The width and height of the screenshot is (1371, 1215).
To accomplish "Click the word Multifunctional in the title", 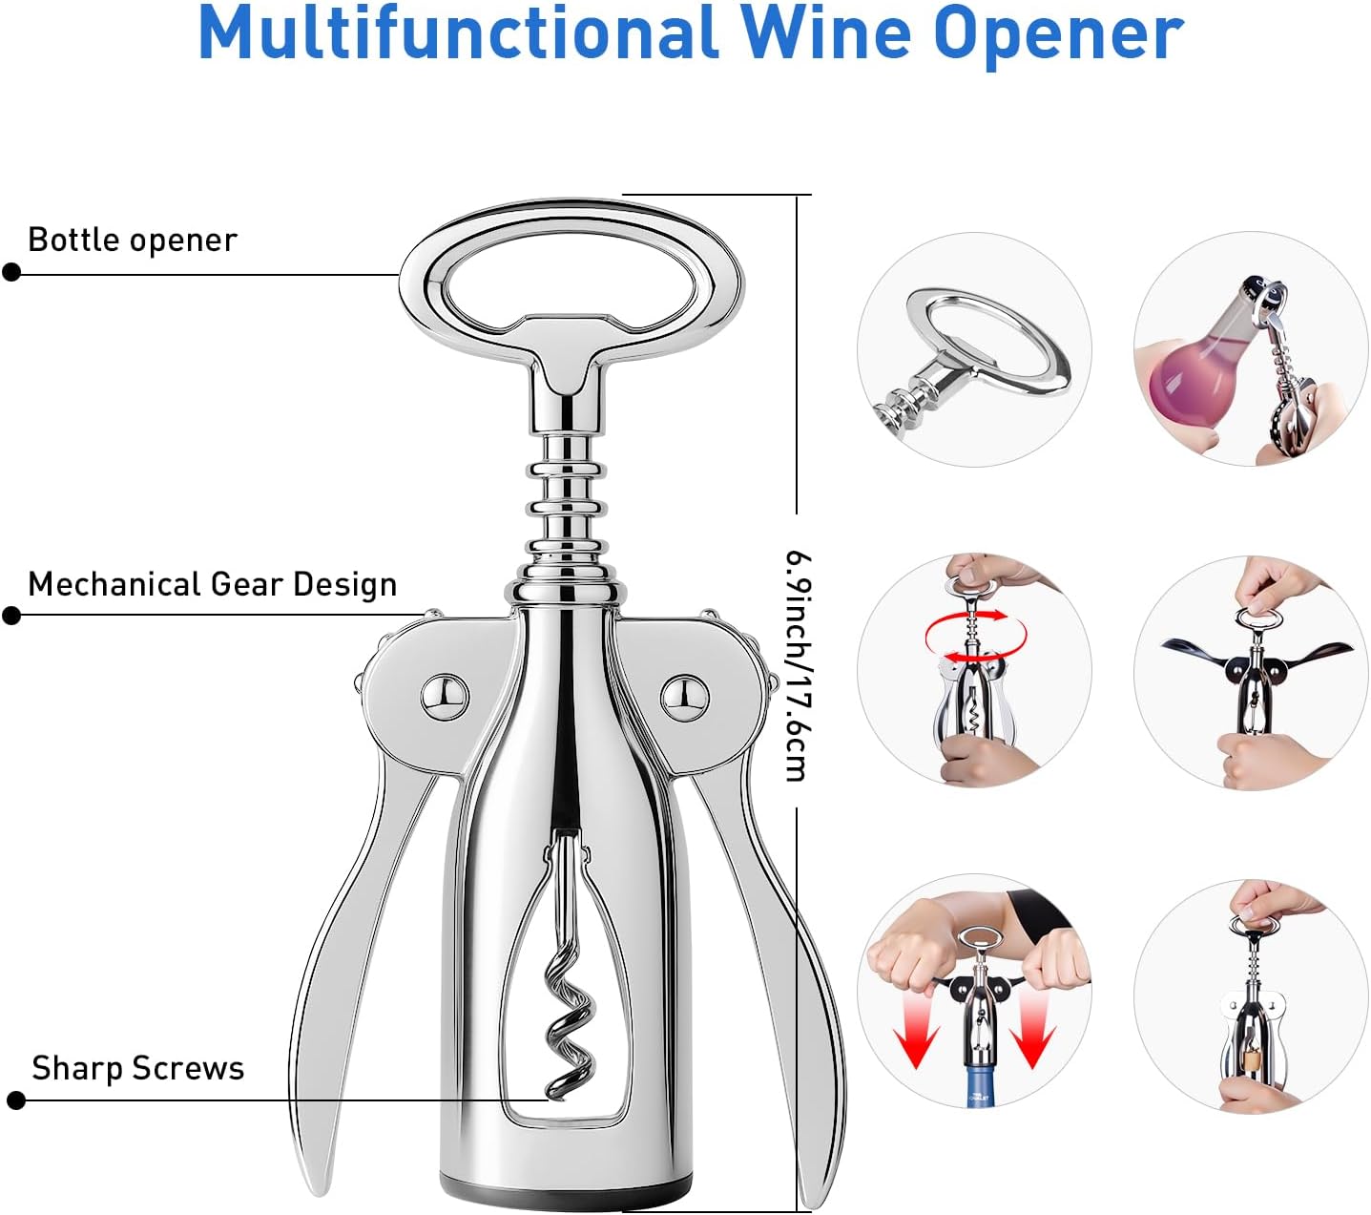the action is pos(457,34).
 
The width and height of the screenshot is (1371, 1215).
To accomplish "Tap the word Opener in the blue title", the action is pos(1061,34).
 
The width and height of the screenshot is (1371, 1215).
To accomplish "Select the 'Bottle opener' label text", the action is pos(133,241).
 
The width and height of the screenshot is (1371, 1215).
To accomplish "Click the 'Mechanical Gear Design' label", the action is pos(212,584).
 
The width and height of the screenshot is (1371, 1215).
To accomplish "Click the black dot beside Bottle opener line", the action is pos(11,272).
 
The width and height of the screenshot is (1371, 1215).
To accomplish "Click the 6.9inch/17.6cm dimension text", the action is pos(798,667).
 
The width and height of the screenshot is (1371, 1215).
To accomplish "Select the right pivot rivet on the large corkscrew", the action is pos(684,697).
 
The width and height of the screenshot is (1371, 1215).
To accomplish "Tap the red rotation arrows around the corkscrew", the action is pos(975,635).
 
